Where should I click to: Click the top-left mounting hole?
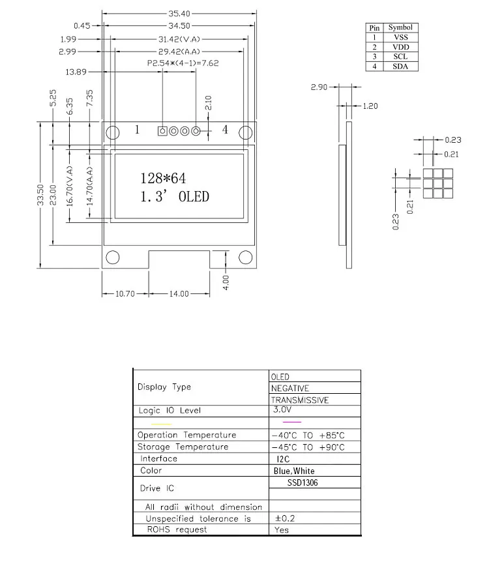[113, 132]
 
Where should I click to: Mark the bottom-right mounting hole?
[246, 257]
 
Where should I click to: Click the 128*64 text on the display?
[163, 178]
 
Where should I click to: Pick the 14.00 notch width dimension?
[179, 294]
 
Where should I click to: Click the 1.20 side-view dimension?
[369, 106]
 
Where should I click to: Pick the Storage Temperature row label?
[183, 447]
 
